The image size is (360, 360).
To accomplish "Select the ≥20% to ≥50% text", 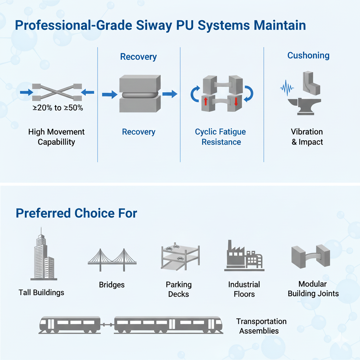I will pos(58,108).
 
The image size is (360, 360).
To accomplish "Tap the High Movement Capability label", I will pos(56,137).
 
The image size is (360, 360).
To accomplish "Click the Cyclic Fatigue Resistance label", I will pos(221,137).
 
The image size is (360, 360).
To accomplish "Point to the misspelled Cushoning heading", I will pos(308,56).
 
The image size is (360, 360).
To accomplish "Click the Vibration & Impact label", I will pos(307,137).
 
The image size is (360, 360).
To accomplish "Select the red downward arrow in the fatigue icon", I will pos(236,102).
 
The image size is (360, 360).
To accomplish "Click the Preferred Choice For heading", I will pos(76,213).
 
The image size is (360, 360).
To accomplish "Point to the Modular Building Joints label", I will pos(313,289).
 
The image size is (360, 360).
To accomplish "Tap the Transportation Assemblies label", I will pos(261,326).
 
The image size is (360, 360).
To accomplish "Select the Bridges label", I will pos(112,285).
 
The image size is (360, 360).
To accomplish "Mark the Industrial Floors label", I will pos(244,289).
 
